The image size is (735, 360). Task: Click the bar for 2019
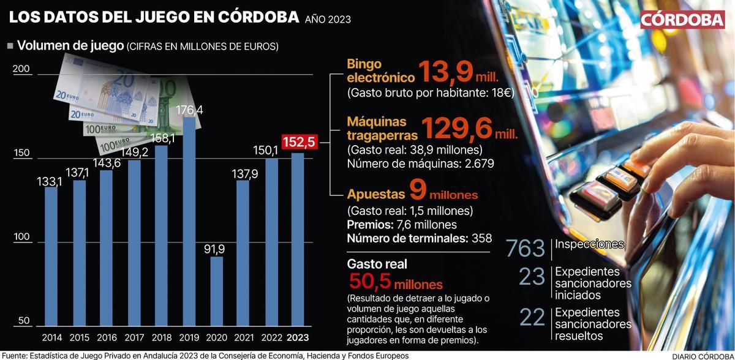coord(190,221)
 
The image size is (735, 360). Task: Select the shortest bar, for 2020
coord(217,291)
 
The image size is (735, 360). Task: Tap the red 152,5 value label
coord(299,142)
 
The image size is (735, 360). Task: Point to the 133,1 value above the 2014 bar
coord(51,181)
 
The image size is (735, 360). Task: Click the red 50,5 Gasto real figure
coord(370,283)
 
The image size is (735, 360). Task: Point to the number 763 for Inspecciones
coord(525,249)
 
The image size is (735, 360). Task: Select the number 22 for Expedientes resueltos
coord(532,317)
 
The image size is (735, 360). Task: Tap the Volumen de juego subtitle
coord(70,46)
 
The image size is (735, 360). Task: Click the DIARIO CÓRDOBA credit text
coord(702,355)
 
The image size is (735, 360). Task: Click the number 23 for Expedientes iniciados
coord(532,277)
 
